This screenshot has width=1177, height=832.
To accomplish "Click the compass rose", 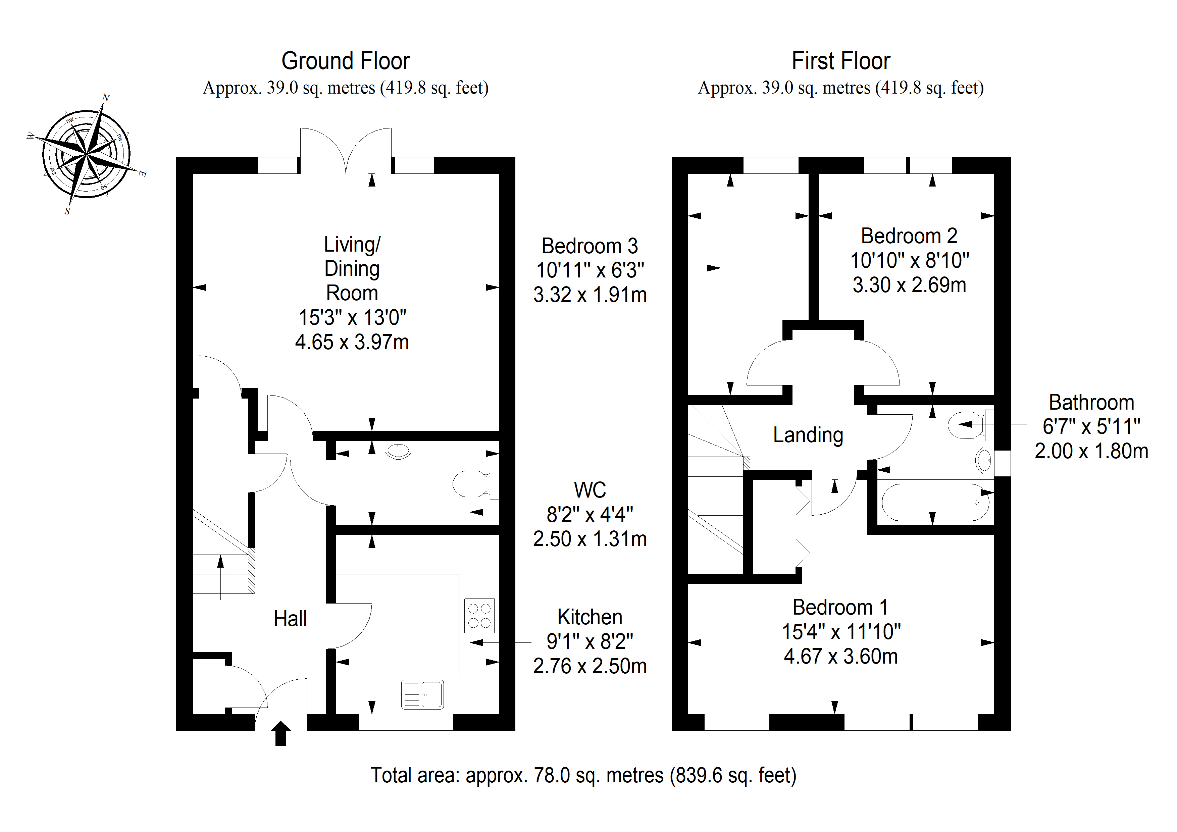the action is pyautogui.click(x=87, y=153).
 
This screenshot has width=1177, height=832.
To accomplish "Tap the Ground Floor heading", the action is pyautogui.click(x=346, y=61).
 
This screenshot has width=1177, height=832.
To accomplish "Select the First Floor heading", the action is pyautogui.click(x=841, y=61).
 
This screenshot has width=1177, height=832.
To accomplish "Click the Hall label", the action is pyautogui.click(x=290, y=619).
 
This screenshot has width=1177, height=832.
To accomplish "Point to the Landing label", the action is pyautogui.click(x=808, y=435).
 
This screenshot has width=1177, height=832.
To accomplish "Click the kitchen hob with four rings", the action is pyautogui.click(x=480, y=616).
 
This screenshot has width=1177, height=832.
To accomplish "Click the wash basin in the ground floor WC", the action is pyautogui.click(x=398, y=450).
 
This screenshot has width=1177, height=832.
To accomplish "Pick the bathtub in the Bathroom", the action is pyautogui.click(x=935, y=502).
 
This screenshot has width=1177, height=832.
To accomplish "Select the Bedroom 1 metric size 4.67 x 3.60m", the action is pyautogui.click(x=841, y=657).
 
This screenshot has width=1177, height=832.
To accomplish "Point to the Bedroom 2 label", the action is pyautogui.click(x=909, y=236).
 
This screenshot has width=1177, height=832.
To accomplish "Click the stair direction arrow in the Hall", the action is pyautogui.click(x=220, y=577).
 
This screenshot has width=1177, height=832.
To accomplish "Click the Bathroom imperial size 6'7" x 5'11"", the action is pyautogui.click(x=1091, y=426).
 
